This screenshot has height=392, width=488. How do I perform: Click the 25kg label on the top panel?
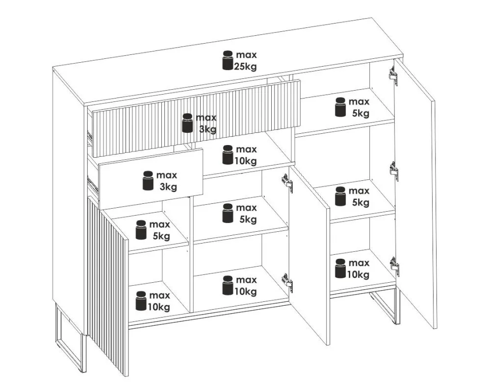tap(245, 66)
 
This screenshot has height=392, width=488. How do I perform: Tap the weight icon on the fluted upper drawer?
tap(187, 123)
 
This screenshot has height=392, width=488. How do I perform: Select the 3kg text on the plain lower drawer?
tap(168, 187)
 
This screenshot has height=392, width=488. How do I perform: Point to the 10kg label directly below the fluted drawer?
tap(246, 161)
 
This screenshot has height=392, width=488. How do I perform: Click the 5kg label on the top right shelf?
tap(361, 113)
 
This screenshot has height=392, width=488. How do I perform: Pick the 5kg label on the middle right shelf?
tap(361, 202)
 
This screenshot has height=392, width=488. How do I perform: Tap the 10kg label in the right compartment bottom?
tap(358, 274)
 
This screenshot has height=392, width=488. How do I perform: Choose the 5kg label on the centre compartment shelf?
tap(248, 219)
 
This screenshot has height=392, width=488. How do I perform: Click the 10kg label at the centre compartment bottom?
tap(246, 291)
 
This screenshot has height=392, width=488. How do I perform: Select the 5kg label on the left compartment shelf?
tap(161, 236)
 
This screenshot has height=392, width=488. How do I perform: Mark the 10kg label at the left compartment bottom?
tap(159, 307)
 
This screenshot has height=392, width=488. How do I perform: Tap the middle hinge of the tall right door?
tap(394, 171)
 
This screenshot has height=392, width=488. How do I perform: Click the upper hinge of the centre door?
tap(287, 183)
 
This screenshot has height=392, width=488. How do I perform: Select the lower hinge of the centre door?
tap(287, 282)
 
